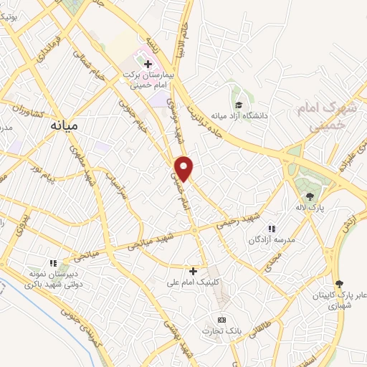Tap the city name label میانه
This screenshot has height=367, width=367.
tap(64, 124)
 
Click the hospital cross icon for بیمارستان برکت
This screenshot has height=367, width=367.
tap(148, 64)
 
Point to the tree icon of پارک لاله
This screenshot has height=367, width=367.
tap(310, 196)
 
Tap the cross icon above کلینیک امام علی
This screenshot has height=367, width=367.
tap(193, 270)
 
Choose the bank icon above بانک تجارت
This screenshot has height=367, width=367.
tap(221, 320)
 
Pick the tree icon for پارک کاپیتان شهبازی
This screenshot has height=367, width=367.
tap(339, 284)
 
